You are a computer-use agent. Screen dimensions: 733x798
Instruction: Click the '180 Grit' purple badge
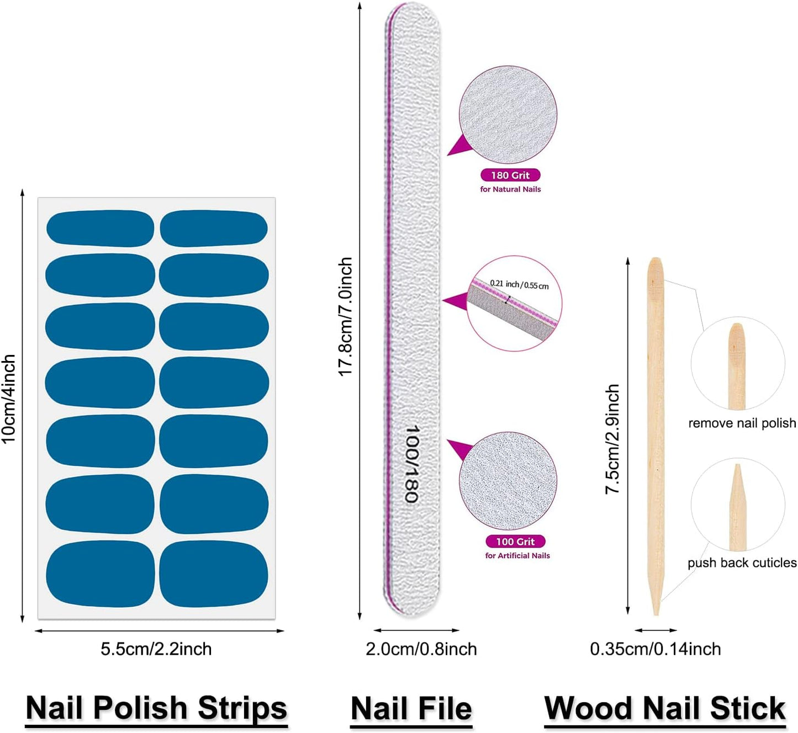tap(510, 175)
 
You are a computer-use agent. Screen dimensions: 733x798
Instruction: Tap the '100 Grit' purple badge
tap(515, 541)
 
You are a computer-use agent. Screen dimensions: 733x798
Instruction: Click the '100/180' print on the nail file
tap(411, 464)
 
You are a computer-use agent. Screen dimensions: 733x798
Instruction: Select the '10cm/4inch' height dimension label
tap(9, 399)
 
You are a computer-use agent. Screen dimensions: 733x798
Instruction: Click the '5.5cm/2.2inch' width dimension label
tap(156, 649)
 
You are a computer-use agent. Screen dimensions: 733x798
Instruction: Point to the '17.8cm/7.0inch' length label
tap(346, 317)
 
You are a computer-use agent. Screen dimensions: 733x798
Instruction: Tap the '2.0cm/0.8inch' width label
tap(421, 649)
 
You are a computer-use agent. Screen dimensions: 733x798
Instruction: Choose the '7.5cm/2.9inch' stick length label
tap(612, 439)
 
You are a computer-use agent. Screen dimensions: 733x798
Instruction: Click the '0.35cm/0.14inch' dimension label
tap(656, 649)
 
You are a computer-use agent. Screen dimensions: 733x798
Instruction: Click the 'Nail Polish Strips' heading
tap(156, 708)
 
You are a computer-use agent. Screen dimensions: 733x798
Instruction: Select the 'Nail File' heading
tap(411, 709)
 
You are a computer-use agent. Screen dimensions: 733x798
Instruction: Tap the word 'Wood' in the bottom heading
tap(588, 709)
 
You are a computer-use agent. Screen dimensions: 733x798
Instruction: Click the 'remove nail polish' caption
tap(742, 423)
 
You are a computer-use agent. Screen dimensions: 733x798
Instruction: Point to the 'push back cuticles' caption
tap(742, 563)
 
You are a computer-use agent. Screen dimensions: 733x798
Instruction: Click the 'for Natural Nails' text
tap(510, 189)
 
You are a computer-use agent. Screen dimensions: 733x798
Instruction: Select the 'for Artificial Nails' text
tap(517, 556)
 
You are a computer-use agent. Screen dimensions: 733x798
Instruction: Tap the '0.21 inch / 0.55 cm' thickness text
tap(519, 285)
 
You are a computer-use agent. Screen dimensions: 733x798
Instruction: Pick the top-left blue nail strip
tap(100, 228)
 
